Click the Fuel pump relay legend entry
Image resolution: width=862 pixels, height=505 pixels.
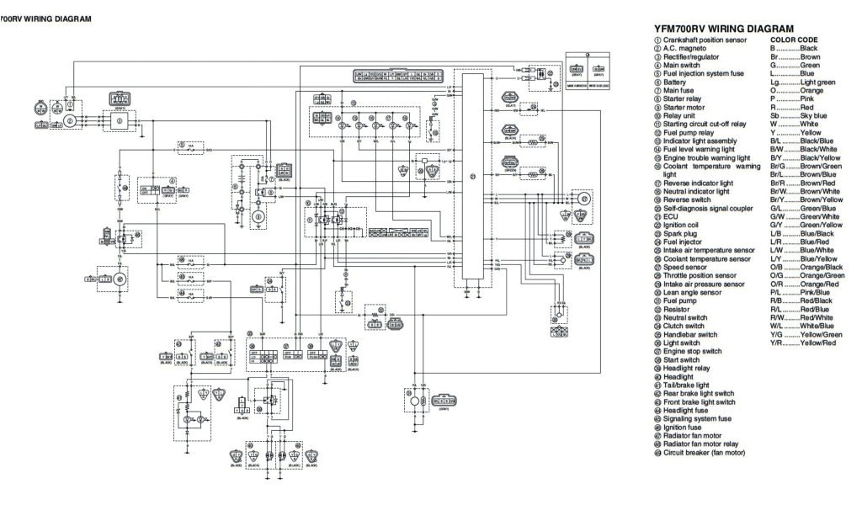click(691, 131)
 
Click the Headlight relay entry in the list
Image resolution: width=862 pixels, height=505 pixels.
click(689, 369)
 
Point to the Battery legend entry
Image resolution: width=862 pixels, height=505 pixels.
click(674, 82)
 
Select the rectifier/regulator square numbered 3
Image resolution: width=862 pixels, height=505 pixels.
click(119, 121)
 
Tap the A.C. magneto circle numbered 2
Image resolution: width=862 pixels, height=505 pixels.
click(68, 121)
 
